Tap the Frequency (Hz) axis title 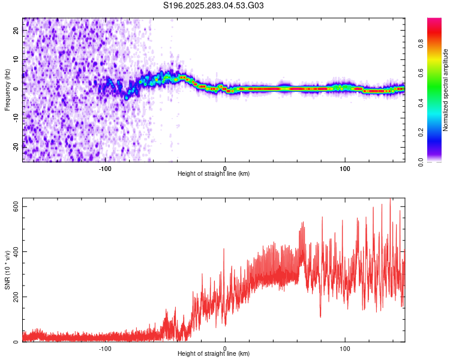pos(7,89)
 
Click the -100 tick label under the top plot pos(106,168)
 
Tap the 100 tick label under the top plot pos(345,168)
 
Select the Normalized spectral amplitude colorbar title pos(446,90)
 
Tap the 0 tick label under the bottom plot pos(225,348)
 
